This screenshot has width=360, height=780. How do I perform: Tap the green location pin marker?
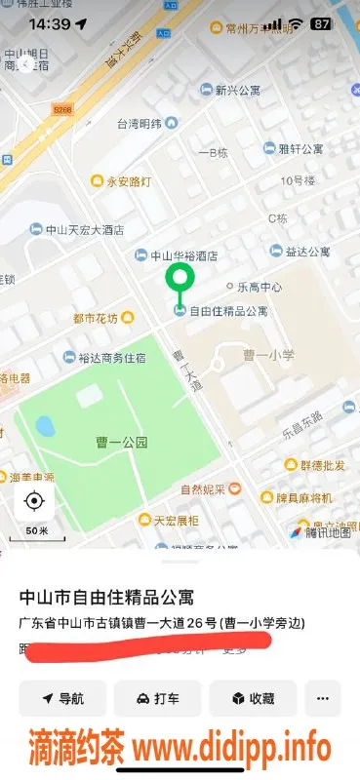point(179,278)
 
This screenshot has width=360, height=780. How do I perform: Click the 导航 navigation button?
point(62,698)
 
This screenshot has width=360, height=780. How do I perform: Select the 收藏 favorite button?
point(252,698)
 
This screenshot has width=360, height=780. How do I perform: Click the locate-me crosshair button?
point(34,502)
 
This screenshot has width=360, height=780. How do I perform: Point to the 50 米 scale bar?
point(37,531)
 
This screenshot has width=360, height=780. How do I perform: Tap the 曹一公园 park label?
point(123,442)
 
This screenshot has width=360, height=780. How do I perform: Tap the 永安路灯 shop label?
point(122,180)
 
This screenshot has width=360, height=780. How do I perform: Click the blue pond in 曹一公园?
point(45,426)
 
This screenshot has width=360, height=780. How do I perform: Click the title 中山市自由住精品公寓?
point(121,596)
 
